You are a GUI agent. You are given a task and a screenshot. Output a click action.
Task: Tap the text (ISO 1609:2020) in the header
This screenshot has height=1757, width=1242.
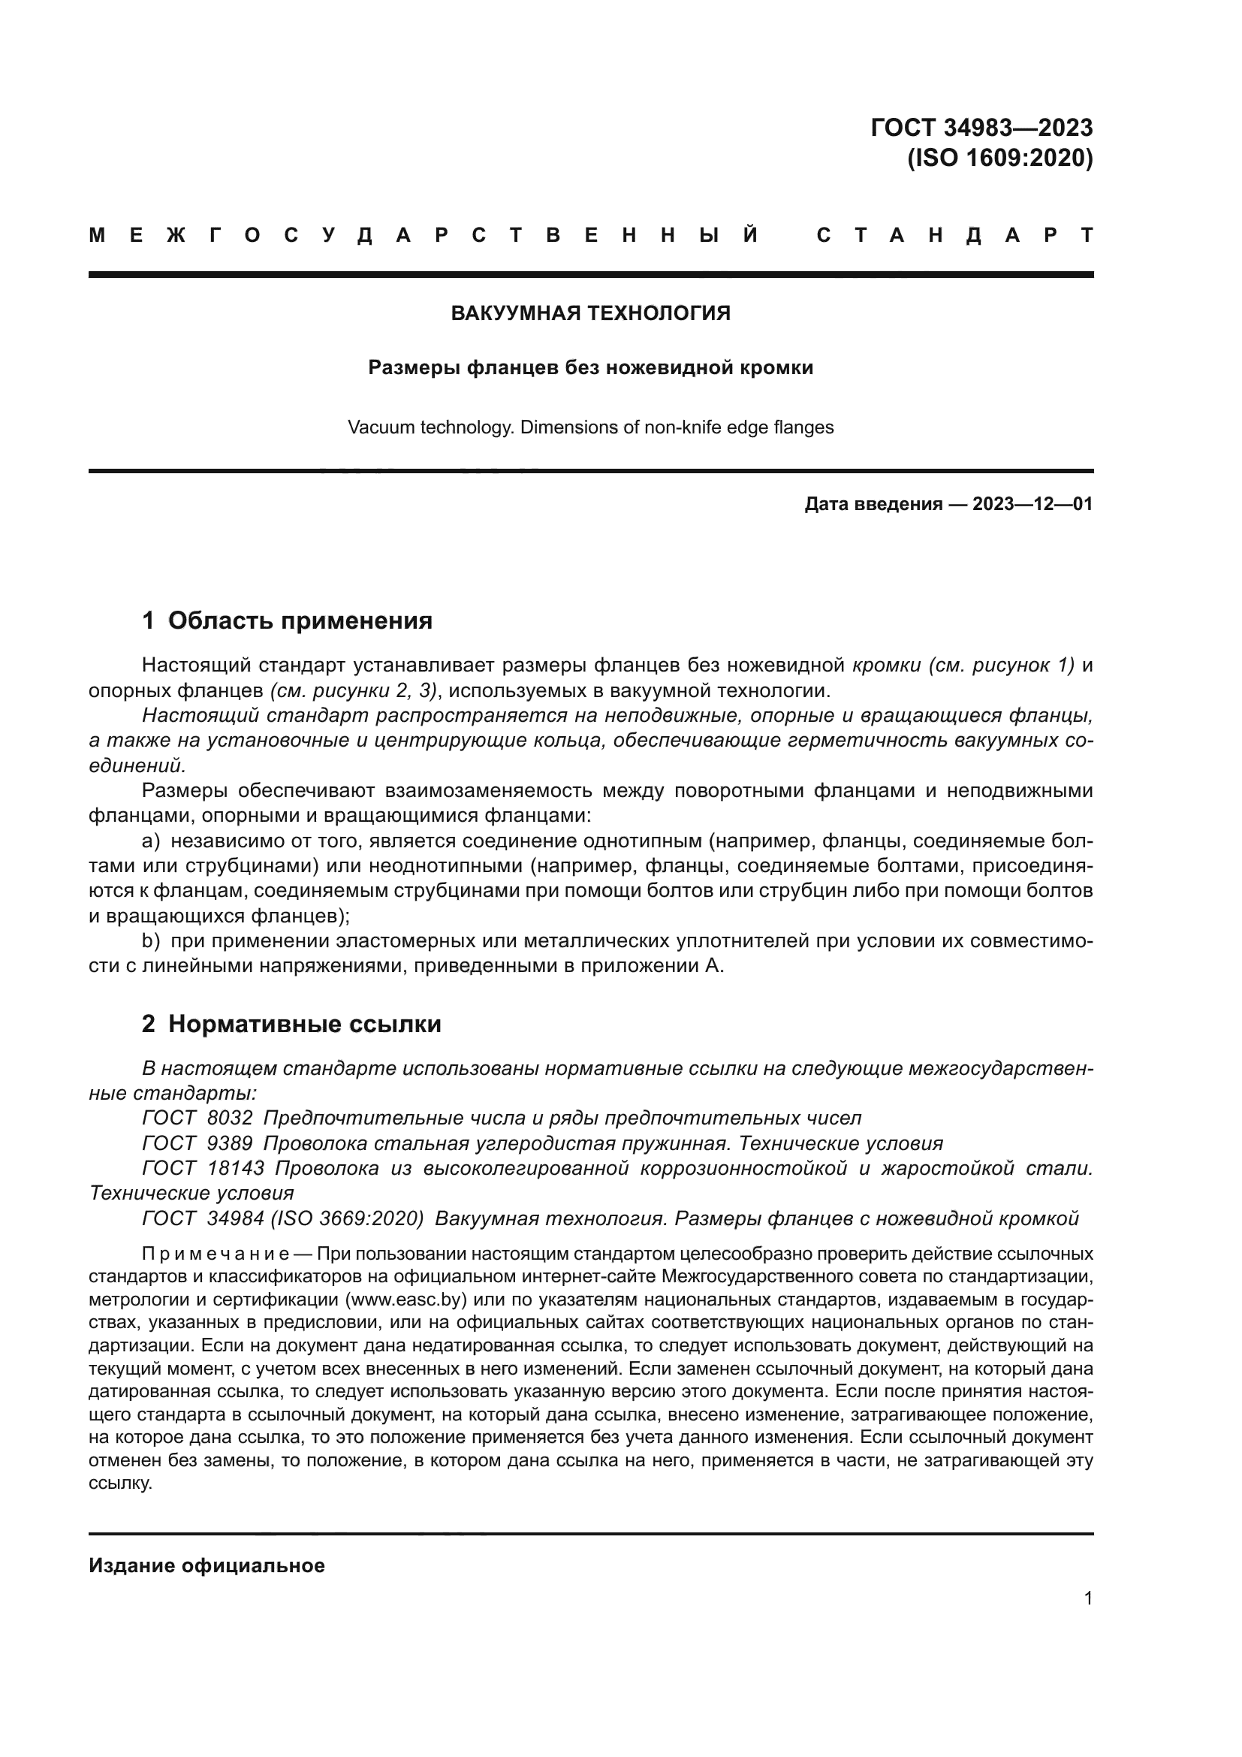click(x=999, y=158)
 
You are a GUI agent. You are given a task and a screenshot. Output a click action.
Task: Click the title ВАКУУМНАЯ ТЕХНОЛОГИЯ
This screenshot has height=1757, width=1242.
click(x=590, y=313)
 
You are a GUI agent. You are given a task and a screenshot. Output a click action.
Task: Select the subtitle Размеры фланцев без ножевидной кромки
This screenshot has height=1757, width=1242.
click(x=590, y=368)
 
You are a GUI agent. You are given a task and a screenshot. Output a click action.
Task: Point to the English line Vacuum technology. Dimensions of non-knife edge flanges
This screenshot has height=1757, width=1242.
click(x=590, y=427)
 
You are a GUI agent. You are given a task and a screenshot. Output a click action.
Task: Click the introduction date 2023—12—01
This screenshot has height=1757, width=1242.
click(x=1032, y=504)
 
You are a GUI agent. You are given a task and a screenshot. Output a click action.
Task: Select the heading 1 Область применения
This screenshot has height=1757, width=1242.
click(x=287, y=620)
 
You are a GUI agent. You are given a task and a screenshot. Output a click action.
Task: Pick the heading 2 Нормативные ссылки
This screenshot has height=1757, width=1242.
click(x=291, y=1024)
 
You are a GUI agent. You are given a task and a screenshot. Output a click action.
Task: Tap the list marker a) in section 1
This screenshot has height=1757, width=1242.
click(x=151, y=842)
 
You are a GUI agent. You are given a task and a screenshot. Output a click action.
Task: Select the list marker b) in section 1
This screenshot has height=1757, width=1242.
click(x=151, y=941)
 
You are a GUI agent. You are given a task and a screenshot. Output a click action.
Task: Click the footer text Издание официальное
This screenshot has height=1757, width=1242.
click(x=206, y=1565)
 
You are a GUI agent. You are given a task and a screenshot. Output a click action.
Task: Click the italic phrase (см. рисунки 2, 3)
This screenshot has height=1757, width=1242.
click(x=354, y=691)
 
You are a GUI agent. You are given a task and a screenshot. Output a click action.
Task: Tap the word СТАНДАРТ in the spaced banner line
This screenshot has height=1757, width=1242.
click(x=954, y=236)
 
